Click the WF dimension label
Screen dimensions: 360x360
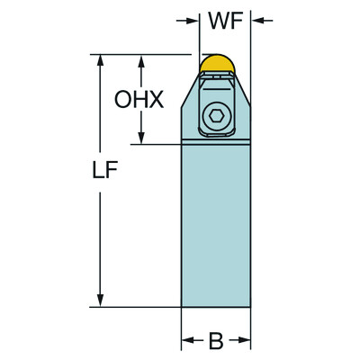click(225, 21)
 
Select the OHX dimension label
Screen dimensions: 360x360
click(139, 100)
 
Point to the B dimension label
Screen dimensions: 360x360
click(216, 341)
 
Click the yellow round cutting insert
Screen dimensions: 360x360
click(217, 63)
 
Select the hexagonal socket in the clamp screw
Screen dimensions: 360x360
click(216, 116)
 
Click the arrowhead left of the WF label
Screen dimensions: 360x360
click(192, 21)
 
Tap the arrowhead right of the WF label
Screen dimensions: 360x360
click(258, 21)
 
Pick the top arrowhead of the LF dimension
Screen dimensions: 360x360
click(100, 61)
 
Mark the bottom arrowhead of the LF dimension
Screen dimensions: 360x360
click(100, 301)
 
